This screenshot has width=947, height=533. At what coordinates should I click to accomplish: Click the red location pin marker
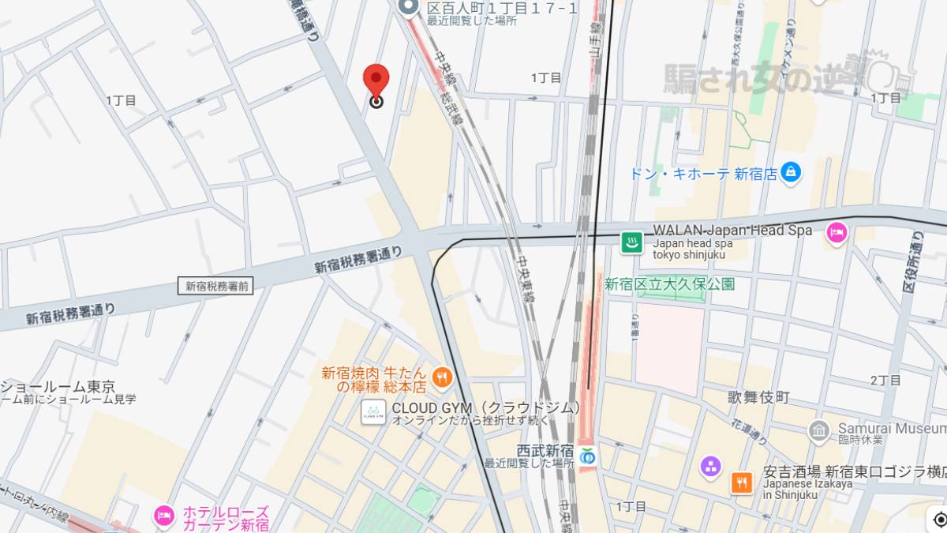376,82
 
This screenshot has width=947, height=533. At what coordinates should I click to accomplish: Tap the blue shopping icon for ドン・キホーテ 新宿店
790,171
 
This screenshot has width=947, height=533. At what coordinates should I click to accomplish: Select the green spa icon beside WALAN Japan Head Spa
631,242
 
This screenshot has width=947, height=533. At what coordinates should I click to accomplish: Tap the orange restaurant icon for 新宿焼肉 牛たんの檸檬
442,378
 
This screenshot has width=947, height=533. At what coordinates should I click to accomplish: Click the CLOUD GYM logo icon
373,411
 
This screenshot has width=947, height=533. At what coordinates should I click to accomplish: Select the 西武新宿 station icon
586,456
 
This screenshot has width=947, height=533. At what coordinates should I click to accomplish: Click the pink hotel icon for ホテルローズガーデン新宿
164,516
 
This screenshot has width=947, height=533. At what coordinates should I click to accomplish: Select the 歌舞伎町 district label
758,397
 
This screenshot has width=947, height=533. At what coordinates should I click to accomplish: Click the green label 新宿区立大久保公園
669,283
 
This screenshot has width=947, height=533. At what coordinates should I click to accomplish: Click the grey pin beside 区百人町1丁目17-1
408,8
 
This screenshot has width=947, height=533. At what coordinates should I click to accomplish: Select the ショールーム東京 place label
58,387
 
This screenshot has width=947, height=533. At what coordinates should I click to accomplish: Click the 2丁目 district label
885,381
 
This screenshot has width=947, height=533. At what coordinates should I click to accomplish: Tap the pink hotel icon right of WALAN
836,232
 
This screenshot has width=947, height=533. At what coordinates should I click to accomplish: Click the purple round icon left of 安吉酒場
710,467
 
